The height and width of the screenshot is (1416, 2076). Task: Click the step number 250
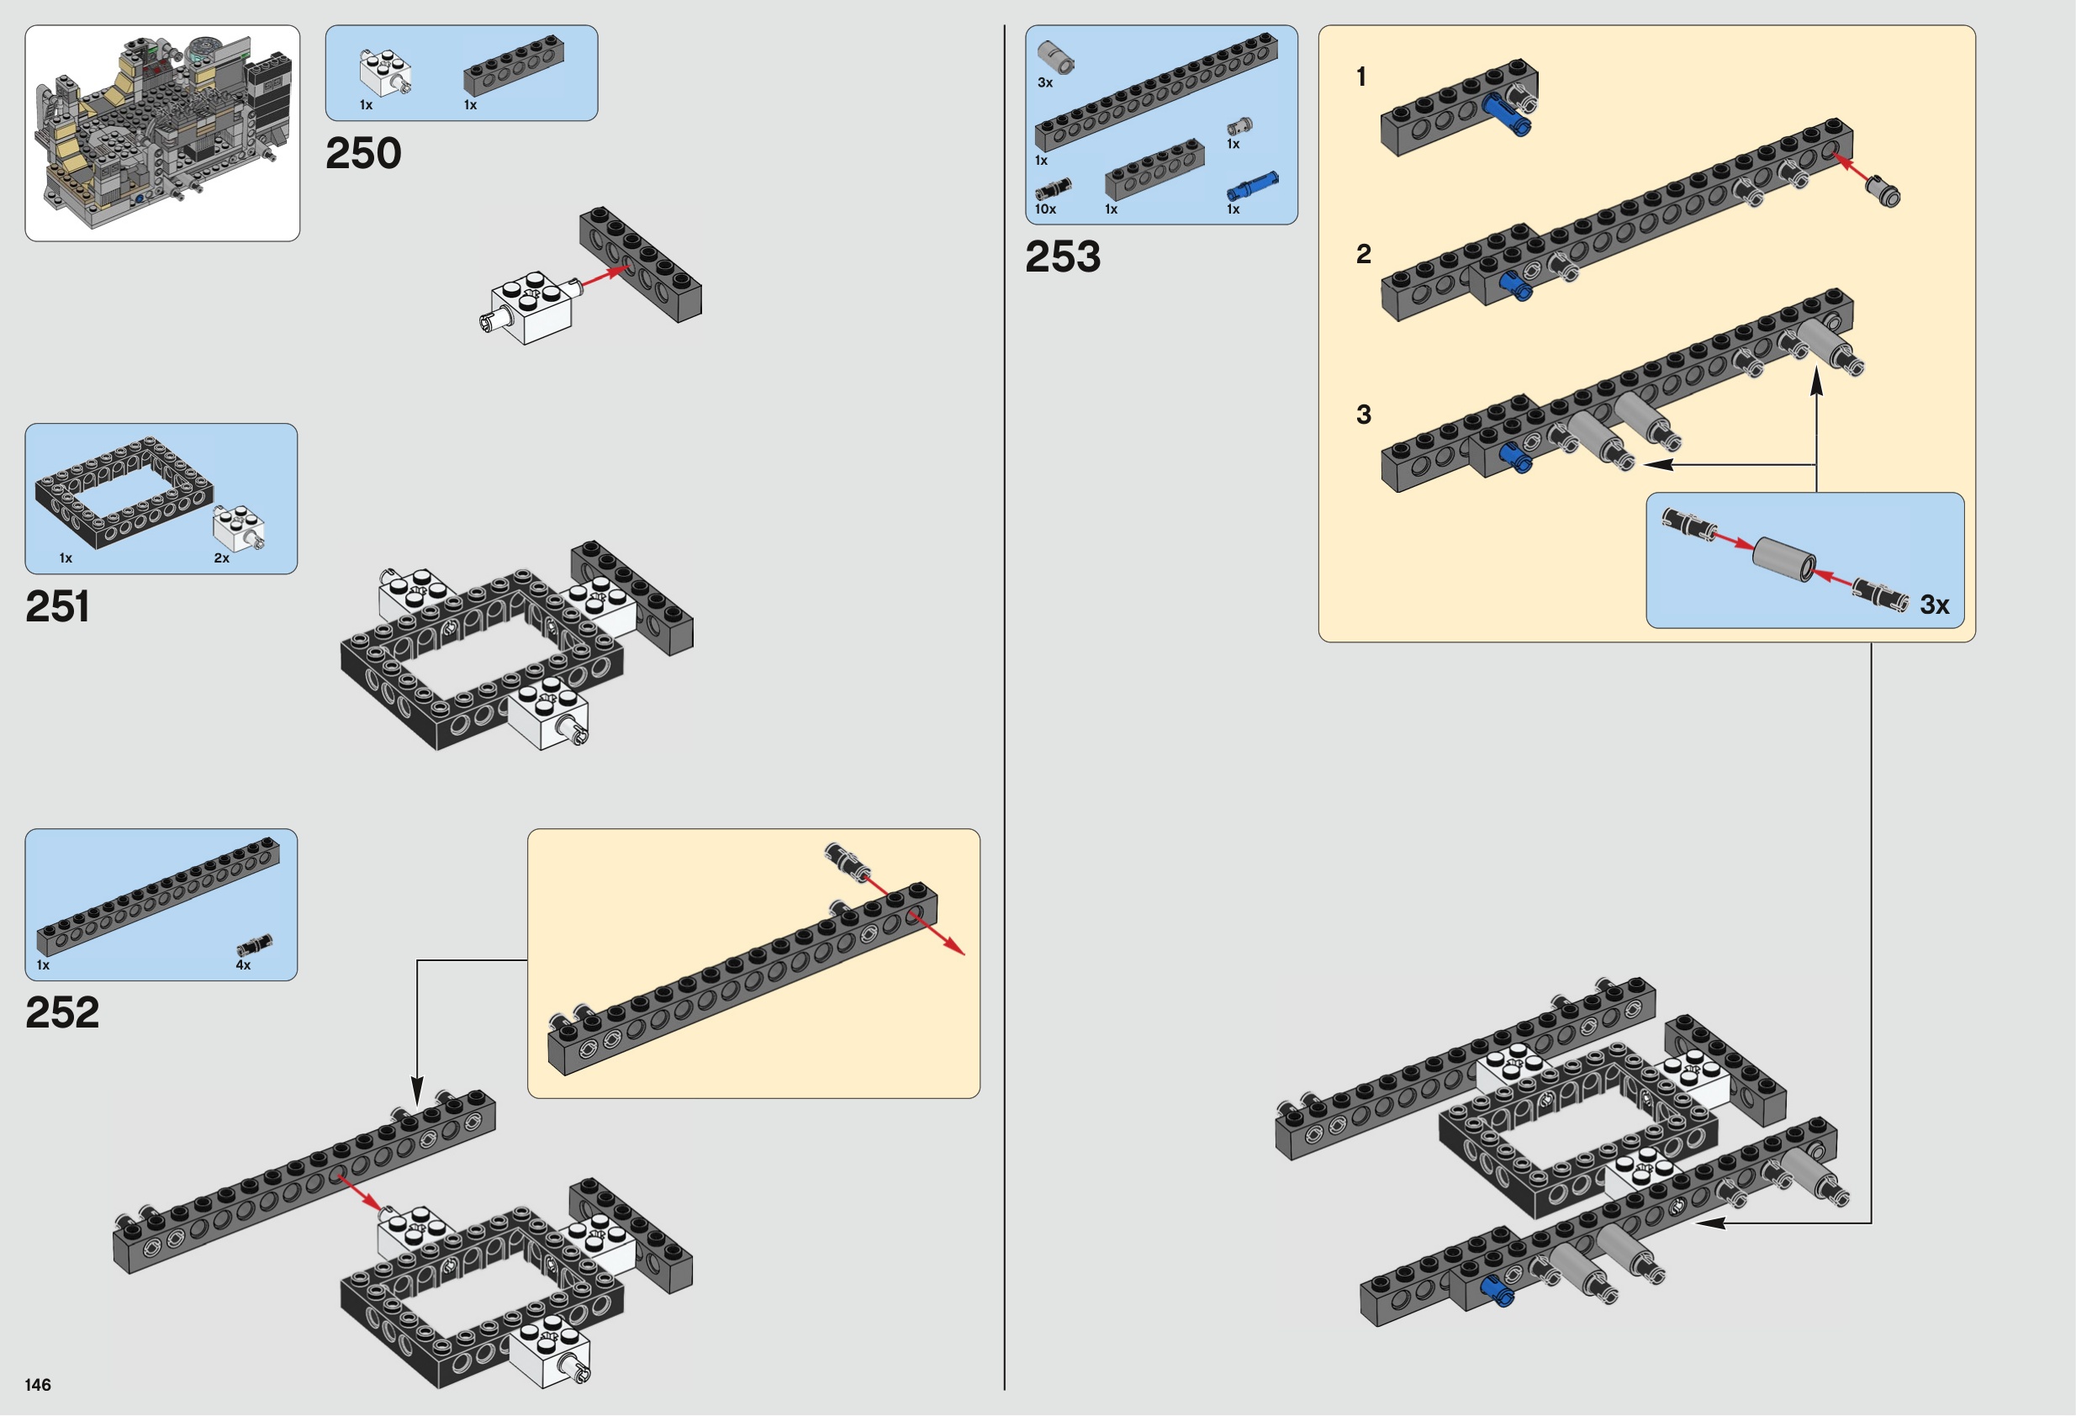pyautogui.click(x=363, y=154)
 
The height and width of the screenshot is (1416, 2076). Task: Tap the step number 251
pyautogui.click(x=57, y=606)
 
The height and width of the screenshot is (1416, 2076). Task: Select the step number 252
pyautogui.click(x=61, y=1012)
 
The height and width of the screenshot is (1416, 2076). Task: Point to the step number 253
pyautogui.click(x=1063, y=256)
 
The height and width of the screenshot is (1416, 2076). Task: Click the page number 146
pyautogui.click(x=39, y=1385)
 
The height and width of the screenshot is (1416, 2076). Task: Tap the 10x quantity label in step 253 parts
pyautogui.click(x=1045, y=209)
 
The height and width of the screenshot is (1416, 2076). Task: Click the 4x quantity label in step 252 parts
pyautogui.click(x=243, y=964)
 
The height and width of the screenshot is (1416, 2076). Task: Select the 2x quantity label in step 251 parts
pyautogui.click(x=221, y=557)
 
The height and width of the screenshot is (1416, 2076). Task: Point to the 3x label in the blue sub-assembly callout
pyautogui.click(x=1934, y=605)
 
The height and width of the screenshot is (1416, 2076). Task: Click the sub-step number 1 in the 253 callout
pyautogui.click(x=1361, y=77)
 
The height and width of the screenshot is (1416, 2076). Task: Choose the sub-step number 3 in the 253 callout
pyautogui.click(x=1363, y=415)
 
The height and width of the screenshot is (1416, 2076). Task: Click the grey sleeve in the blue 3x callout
pyautogui.click(x=1783, y=559)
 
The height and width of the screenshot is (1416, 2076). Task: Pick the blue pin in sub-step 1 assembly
pyautogui.click(x=1506, y=115)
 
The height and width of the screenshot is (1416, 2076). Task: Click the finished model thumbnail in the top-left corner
pyautogui.click(x=162, y=133)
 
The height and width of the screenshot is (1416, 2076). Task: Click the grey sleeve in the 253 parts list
pyautogui.click(x=1055, y=56)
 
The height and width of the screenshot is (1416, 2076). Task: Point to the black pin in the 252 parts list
pyautogui.click(x=255, y=946)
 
